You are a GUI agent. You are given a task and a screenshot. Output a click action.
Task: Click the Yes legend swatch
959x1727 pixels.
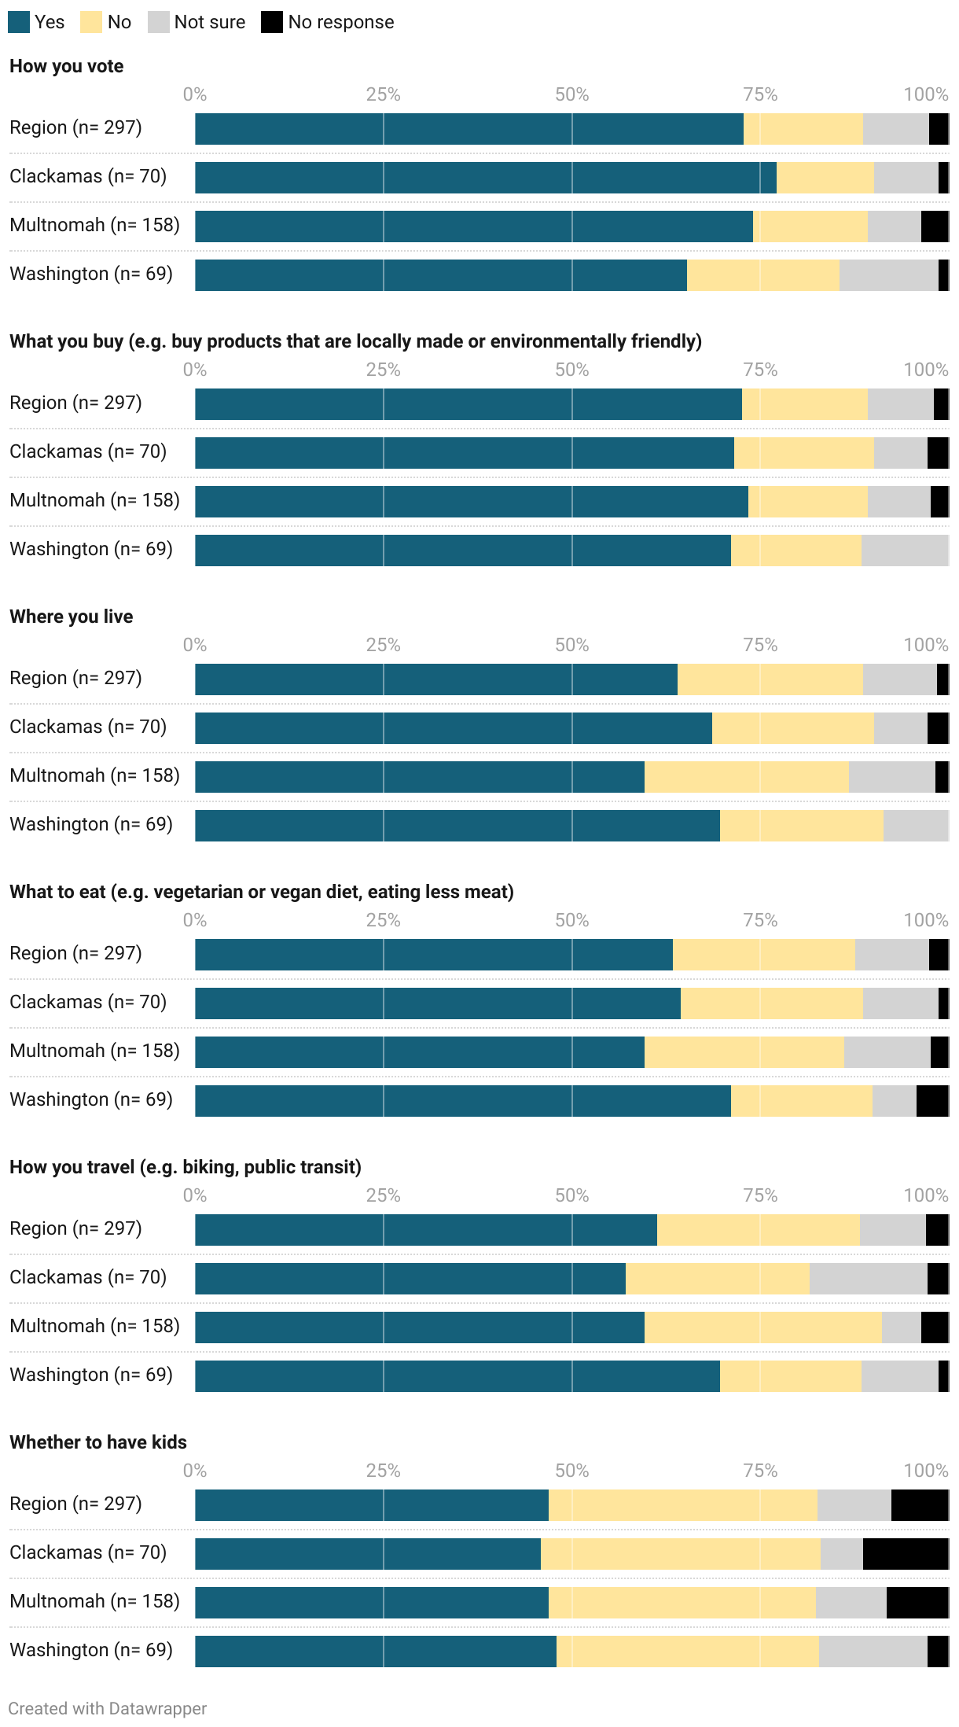[19, 22]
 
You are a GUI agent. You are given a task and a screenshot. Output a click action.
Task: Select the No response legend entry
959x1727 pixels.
[340, 22]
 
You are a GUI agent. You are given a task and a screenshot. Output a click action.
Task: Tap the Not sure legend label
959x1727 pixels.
[209, 22]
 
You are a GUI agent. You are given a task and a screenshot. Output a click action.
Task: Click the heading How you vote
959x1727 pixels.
[67, 66]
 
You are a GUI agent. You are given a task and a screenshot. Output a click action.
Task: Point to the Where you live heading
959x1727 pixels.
[72, 617]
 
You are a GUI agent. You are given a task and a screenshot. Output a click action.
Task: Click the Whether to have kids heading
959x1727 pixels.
[98, 1442]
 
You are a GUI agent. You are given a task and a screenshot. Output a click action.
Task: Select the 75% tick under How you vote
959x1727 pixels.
[760, 94]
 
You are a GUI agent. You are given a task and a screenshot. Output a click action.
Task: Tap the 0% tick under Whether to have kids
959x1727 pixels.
[195, 1471]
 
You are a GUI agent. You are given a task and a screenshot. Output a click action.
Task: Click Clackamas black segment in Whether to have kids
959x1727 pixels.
[906, 1554]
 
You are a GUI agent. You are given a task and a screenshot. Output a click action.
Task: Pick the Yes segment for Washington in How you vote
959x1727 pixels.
[440, 275]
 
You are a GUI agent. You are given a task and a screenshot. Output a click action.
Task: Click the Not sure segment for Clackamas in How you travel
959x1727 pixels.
[868, 1279]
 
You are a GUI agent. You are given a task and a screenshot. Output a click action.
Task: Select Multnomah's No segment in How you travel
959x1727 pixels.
[762, 1327]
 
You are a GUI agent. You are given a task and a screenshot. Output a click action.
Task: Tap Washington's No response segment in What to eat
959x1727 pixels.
[932, 1101]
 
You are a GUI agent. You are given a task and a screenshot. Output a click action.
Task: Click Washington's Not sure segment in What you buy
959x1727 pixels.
[904, 551]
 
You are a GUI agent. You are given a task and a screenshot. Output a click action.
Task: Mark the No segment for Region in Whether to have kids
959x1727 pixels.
[682, 1505]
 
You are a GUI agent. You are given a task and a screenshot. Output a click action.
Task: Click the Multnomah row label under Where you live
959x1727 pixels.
[94, 775]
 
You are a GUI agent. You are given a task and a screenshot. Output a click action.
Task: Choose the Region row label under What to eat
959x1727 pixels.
[75, 953]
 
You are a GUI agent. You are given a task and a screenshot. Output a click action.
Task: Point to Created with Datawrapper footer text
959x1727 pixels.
[108, 1708]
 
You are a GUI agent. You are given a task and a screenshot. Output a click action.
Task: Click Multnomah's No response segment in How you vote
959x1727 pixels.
[935, 226]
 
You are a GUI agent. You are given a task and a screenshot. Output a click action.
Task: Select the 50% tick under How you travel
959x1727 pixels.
[571, 1195]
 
